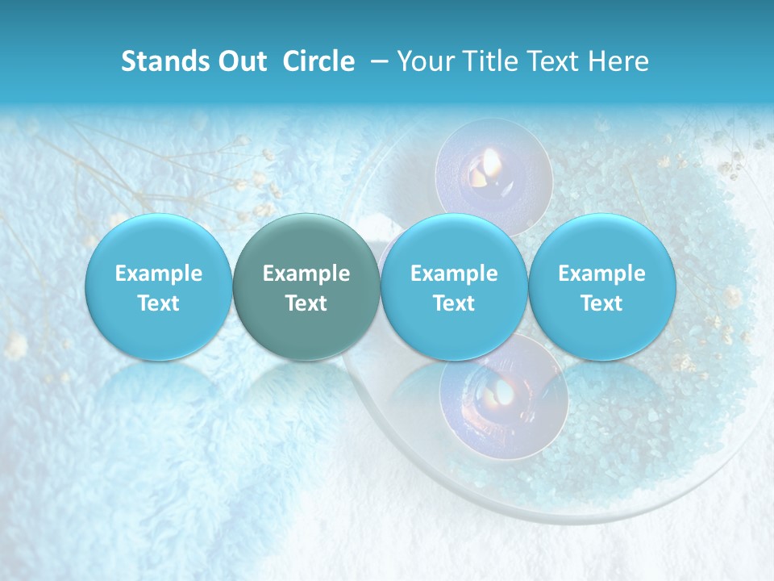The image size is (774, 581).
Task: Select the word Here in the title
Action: (618, 61)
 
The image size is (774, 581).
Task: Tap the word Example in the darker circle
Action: (306, 274)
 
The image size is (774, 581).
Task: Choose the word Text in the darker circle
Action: (306, 303)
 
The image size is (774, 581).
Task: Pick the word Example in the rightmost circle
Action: (602, 274)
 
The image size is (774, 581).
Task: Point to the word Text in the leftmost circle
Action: (159, 303)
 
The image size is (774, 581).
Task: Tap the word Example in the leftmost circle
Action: (159, 274)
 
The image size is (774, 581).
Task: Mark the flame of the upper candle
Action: (492, 165)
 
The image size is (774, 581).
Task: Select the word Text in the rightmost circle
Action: (602, 303)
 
